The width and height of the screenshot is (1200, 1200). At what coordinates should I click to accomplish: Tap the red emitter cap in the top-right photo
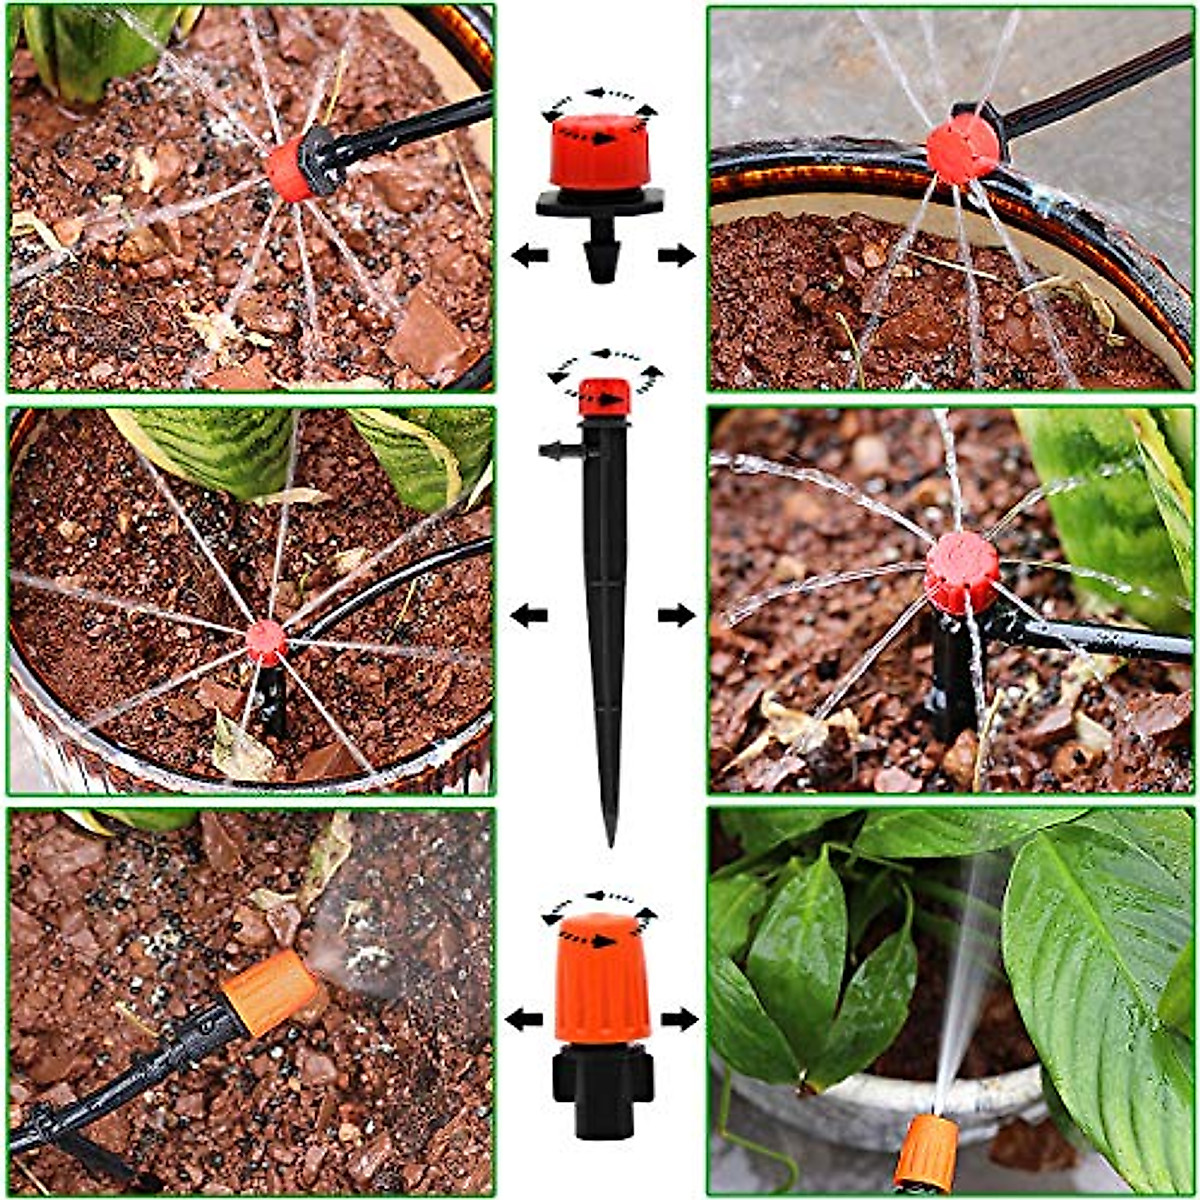[962, 149]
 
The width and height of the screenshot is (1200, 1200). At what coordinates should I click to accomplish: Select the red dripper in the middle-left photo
[266, 641]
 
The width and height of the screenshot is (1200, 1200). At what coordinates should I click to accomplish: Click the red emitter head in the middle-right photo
[961, 572]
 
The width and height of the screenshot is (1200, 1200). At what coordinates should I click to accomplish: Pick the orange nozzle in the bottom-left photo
[268, 991]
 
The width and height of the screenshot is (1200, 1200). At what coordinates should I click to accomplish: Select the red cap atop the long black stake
[605, 396]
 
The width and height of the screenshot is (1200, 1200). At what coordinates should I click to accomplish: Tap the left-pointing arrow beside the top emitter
[530, 255]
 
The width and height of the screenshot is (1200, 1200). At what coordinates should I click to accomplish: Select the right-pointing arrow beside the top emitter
[676, 255]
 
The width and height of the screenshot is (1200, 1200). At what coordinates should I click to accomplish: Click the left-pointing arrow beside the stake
[529, 615]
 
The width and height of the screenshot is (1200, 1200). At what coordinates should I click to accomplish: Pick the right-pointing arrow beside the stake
[676, 615]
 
